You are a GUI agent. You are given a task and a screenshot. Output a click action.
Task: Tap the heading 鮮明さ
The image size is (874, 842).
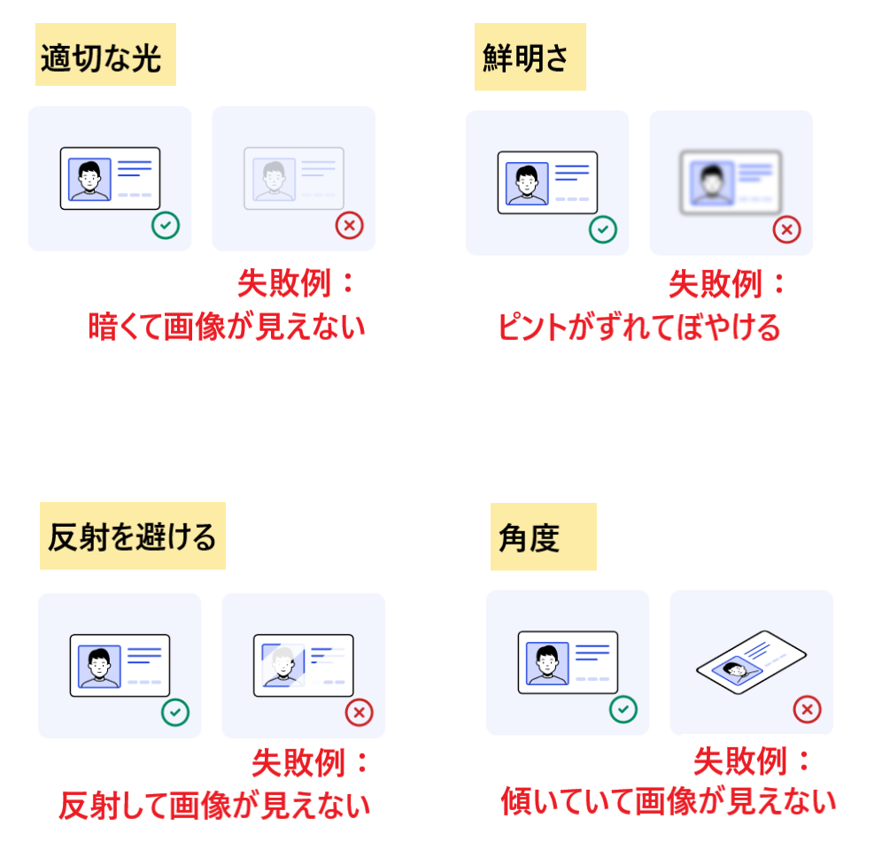click(529, 58)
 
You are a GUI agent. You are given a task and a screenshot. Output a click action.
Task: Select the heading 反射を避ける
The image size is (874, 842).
click(132, 537)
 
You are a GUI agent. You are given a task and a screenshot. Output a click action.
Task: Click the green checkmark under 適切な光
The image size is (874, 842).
click(165, 225)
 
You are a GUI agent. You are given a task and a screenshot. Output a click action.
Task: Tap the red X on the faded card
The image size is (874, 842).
click(349, 225)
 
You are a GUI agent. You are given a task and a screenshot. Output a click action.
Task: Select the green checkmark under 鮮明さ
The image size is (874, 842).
click(603, 229)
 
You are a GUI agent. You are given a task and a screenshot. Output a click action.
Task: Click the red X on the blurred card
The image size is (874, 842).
click(786, 229)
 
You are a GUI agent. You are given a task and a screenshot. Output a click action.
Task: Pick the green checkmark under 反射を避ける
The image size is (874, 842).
click(174, 713)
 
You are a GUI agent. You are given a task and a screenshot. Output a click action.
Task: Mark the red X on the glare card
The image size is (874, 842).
click(359, 713)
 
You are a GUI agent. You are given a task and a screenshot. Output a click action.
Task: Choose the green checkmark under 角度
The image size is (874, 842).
click(623, 708)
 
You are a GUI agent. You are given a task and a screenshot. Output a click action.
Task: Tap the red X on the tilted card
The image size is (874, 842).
click(807, 709)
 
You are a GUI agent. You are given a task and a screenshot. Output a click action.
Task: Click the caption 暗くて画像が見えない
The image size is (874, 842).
click(227, 328)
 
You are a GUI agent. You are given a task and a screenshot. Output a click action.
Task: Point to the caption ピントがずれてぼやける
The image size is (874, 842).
click(639, 328)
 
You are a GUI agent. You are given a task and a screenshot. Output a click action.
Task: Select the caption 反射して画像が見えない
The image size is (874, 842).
click(214, 806)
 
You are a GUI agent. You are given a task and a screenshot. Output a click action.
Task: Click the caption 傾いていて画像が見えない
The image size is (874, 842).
click(669, 802)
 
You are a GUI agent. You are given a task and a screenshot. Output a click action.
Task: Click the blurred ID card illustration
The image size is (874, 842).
click(731, 183)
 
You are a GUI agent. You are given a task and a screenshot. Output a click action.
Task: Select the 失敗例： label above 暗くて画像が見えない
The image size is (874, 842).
click(296, 284)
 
